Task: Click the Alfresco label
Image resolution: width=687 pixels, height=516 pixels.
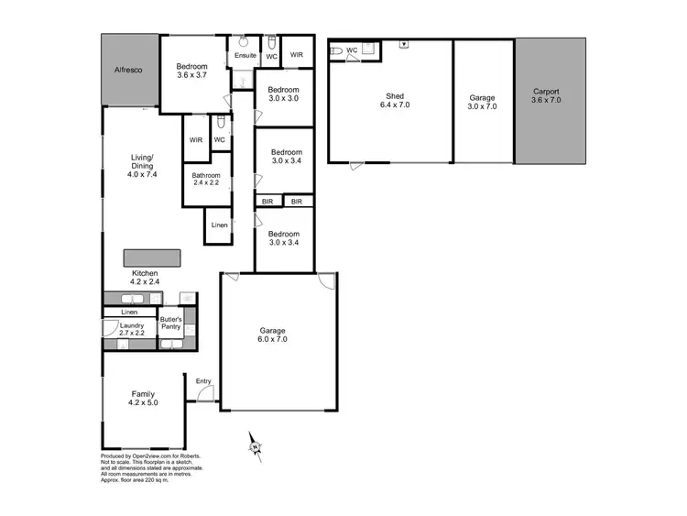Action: [x=129, y=70]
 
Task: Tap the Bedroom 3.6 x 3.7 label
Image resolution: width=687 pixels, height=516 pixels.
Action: [x=192, y=71]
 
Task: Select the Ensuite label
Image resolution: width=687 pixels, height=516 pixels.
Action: [x=245, y=56]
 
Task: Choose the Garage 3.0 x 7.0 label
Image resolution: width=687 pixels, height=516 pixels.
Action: [x=482, y=102]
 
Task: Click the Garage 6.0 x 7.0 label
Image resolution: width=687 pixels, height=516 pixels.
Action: [x=271, y=335]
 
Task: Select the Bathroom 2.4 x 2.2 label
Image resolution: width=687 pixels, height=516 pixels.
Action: [x=206, y=179]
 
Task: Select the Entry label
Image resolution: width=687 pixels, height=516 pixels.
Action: [x=202, y=381]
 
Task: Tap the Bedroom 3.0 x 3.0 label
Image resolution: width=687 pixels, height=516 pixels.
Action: [x=283, y=93]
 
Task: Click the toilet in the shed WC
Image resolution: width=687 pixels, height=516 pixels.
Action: [x=336, y=51]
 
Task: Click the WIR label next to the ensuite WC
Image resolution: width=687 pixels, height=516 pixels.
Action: [x=296, y=56]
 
